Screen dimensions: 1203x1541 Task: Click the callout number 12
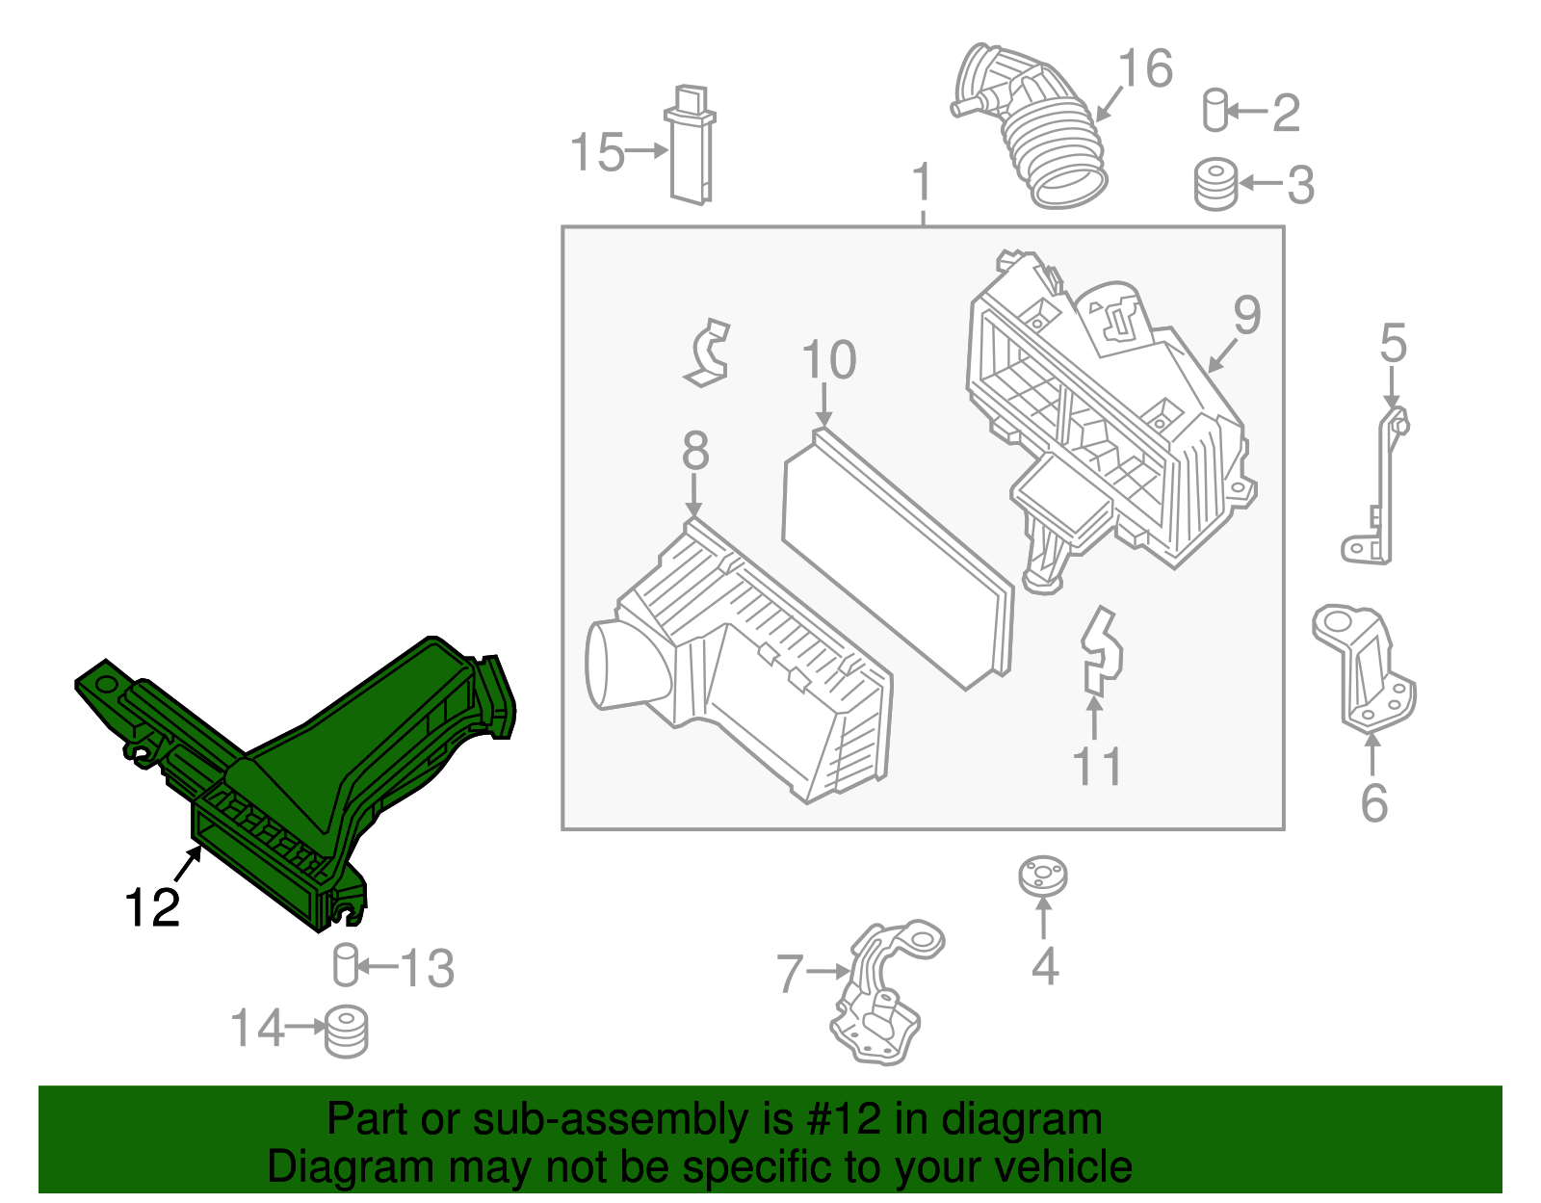point(152,908)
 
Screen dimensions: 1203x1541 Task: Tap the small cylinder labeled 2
point(1215,110)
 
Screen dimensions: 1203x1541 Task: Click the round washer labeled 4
point(1043,876)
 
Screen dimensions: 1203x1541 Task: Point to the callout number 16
point(1145,69)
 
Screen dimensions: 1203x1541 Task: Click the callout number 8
point(695,451)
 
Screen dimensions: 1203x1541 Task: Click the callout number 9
point(1247,316)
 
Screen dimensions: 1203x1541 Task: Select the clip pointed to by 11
point(1101,652)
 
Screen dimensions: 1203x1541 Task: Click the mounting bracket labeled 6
point(1365,669)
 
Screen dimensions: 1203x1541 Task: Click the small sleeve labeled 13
point(346,965)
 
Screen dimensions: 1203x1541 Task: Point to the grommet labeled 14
point(346,1032)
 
